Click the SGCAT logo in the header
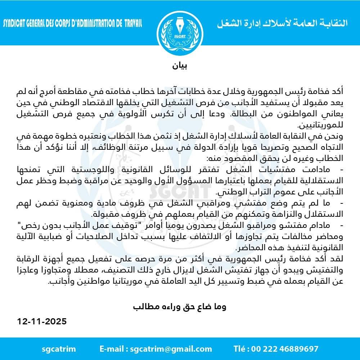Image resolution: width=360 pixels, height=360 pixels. (179, 28)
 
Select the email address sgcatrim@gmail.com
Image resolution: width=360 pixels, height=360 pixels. (171, 348)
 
